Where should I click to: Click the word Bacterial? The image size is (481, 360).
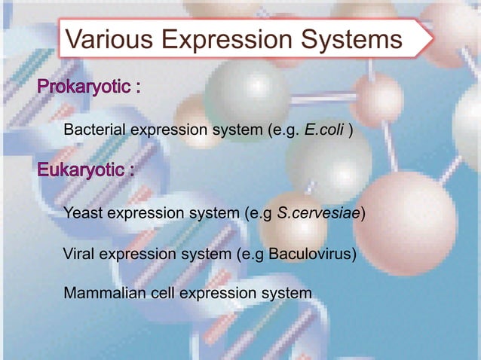tap(95, 131)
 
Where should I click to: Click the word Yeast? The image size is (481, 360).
tap(83, 213)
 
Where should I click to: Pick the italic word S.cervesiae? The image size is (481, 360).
tap(320, 213)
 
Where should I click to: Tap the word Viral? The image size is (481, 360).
tap(81, 253)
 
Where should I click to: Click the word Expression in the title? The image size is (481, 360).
tap(230, 39)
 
